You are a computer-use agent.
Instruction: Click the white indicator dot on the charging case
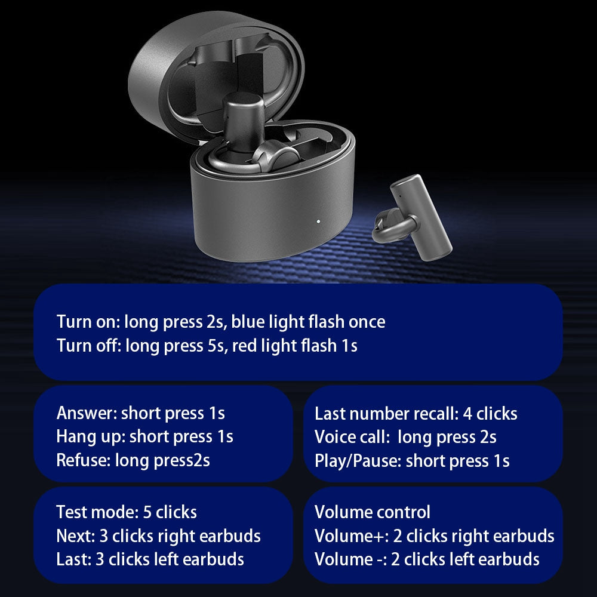pos(318,221)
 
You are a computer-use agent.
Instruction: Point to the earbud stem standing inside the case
pos(244,122)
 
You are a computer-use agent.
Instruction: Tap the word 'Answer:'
pos(87,413)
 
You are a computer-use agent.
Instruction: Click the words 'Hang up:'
pos(91,437)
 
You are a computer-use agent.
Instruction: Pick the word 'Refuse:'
pos(84,460)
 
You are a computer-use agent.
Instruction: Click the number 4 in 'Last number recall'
pos(467,414)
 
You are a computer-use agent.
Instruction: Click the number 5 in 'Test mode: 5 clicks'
pos(147,512)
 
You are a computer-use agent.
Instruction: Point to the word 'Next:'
pos(75,536)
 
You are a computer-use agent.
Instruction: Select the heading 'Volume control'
pos(373,512)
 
